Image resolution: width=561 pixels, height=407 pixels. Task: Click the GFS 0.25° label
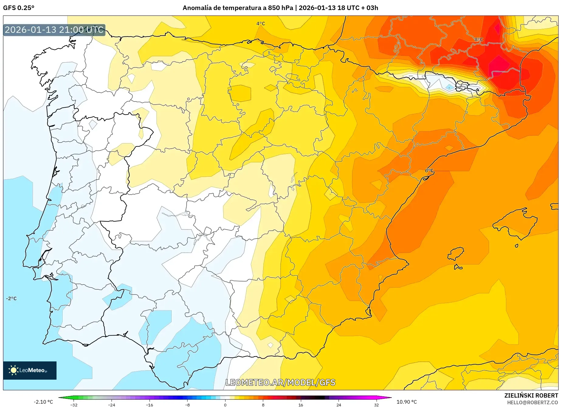click(19, 8)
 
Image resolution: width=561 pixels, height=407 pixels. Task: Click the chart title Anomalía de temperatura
click(280, 8)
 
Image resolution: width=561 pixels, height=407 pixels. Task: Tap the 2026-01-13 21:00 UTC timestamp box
click(54, 30)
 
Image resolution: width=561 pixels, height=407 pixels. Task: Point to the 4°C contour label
click(260, 24)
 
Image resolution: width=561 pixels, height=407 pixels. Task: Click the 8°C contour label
click(479, 40)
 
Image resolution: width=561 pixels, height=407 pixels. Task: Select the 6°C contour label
click(429, 171)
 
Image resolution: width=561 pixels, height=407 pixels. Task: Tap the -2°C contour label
click(11, 298)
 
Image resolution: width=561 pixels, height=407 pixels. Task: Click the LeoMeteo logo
click(30, 370)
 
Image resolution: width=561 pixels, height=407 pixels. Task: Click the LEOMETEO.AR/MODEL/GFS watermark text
click(280, 382)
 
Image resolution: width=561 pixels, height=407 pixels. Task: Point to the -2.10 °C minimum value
click(43, 402)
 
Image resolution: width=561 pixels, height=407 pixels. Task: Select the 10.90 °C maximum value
click(407, 402)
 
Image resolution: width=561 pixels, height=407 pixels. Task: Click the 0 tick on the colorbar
click(225, 405)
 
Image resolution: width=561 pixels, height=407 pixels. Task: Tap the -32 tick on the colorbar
click(74, 405)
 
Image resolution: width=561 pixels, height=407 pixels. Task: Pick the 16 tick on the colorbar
click(301, 405)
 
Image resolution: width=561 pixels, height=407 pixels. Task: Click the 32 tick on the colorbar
click(376, 405)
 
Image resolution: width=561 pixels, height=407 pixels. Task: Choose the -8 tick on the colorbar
click(188, 405)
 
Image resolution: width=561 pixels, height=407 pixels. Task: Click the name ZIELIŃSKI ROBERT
click(531, 395)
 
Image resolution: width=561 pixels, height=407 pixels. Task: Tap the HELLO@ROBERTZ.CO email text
click(532, 402)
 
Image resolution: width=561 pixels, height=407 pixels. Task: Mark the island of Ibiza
click(456, 254)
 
